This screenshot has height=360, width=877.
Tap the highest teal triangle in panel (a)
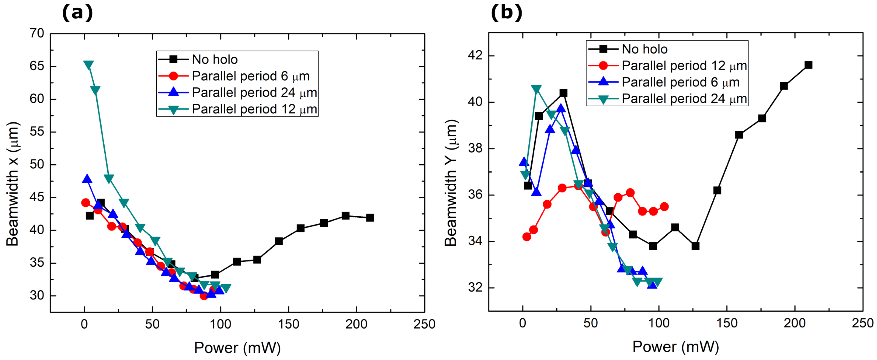[x=88, y=65]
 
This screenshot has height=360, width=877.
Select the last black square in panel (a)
[x=370, y=217]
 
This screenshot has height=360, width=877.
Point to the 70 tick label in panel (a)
[x=37, y=33]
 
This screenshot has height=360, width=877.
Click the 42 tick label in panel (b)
[x=475, y=55]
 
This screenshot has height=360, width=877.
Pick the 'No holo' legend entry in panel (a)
[x=215, y=59]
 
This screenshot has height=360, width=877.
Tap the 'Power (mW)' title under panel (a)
[x=237, y=348]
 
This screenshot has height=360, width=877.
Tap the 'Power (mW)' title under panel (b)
[x=676, y=346]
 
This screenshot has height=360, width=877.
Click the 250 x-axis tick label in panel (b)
[x=862, y=323]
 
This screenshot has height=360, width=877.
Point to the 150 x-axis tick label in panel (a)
[x=288, y=324]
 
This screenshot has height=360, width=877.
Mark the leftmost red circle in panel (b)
[x=526, y=236]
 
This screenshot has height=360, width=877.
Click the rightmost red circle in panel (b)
[x=664, y=206]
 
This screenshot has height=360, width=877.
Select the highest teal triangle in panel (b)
[x=536, y=89]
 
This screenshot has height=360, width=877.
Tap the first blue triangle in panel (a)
[x=87, y=179]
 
